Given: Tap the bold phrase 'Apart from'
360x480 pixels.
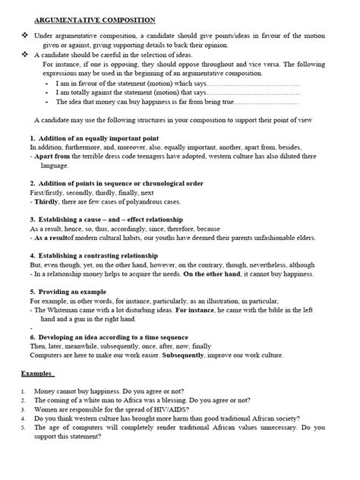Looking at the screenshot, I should coord(53,154).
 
